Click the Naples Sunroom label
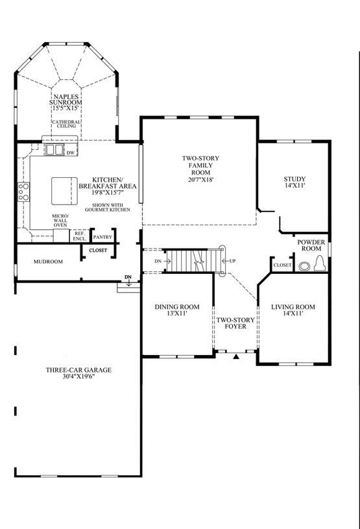66,99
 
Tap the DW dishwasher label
71,153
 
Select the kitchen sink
54,149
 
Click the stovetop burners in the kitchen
23,191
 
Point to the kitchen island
64,191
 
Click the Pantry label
102,237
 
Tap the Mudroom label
48,262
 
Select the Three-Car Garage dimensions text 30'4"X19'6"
78,376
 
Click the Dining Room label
177,306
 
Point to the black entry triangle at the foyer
236,356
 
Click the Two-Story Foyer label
235,323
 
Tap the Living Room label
293,306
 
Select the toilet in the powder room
320,263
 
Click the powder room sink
304,266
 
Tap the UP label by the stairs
232,261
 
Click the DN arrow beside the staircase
167,261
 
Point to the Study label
294,178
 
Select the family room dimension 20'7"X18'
201,180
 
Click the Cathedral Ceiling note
66,124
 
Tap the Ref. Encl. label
80,236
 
